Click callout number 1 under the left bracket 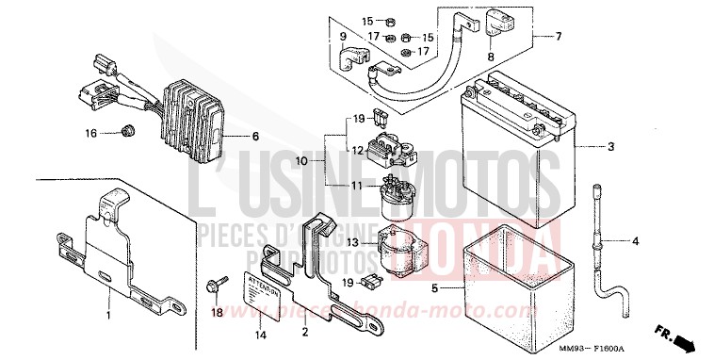[109, 314]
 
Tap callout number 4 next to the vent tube [635, 241]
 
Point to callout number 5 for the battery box [434, 286]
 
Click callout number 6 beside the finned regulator [254, 136]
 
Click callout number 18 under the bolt [217, 313]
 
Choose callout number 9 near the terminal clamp [344, 37]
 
